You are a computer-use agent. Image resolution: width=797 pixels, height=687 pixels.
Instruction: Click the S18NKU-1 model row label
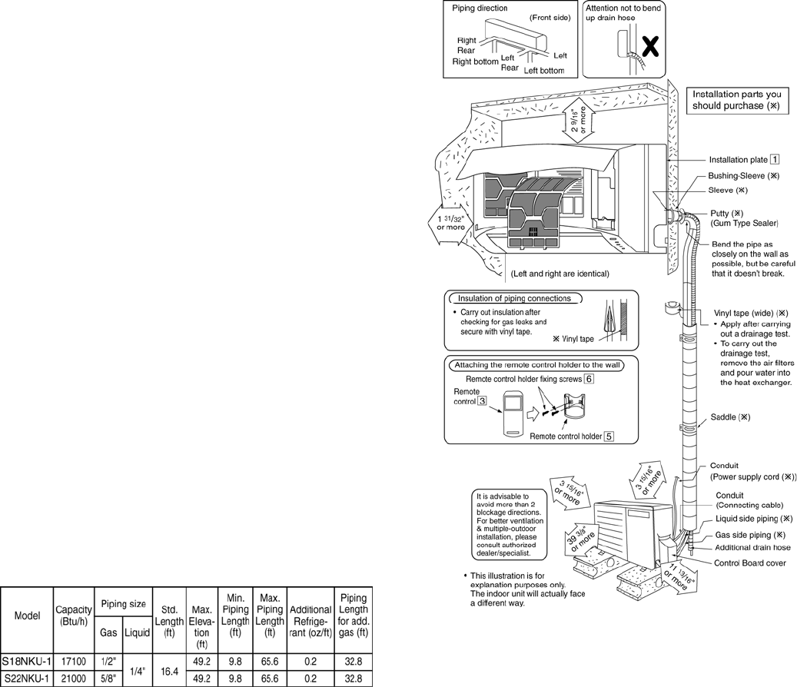click(x=26, y=661)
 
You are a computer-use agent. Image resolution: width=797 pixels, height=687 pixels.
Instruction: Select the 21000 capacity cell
click(x=74, y=679)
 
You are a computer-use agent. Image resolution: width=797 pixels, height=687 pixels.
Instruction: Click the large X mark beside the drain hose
click(x=650, y=47)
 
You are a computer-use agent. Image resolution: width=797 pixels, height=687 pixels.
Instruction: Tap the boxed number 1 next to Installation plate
click(x=775, y=160)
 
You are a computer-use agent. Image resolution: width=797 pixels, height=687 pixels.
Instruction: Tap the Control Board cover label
click(x=749, y=563)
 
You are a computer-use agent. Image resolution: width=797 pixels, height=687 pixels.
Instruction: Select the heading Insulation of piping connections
click(x=513, y=298)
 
